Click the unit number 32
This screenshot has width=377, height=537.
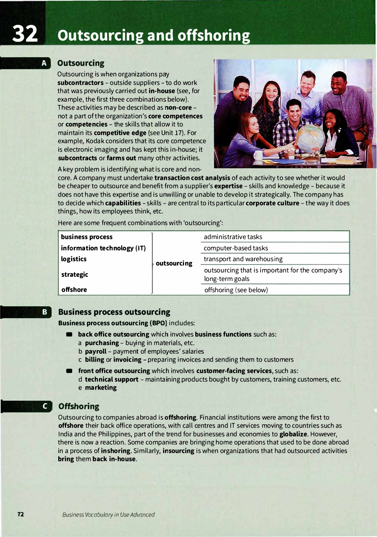click(x=25, y=34)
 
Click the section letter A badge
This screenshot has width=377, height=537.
click(x=44, y=63)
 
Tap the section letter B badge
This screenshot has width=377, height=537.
click(x=45, y=312)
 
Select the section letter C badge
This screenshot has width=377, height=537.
click(x=45, y=406)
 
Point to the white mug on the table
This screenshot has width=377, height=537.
click(x=258, y=155)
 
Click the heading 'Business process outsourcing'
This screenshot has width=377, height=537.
click(x=114, y=312)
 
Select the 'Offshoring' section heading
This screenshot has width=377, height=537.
click(x=79, y=406)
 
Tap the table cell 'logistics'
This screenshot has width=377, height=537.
click(x=74, y=259)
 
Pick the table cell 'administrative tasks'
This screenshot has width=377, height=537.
click(x=233, y=237)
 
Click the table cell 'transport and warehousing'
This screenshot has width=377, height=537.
click(x=243, y=259)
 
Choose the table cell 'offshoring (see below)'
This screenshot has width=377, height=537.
click(x=236, y=290)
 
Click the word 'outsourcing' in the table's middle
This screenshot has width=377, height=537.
click(x=174, y=263)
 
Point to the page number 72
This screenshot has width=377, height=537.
click(x=21, y=514)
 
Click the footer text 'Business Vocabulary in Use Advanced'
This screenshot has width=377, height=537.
click(x=108, y=514)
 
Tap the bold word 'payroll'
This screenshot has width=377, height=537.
click(x=96, y=351)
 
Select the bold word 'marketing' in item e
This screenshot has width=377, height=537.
click(x=101, y=388)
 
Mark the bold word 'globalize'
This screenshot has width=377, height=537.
click(x=293, y=434)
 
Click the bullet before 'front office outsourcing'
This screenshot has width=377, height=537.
click(x=69, y=371)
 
